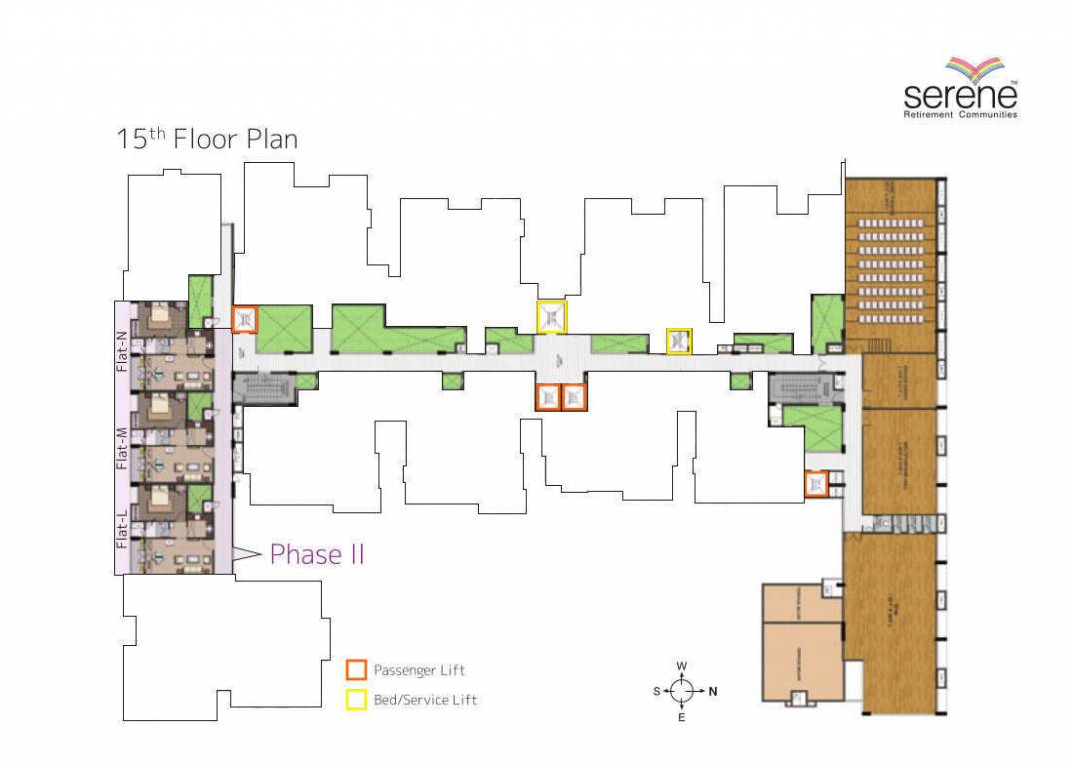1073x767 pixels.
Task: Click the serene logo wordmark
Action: [x=959, y=96]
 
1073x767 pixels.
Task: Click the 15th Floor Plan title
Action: [x=208, y=138]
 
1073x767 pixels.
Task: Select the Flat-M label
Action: [x=123, y=448]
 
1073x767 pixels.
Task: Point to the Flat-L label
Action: [x=123, y=530]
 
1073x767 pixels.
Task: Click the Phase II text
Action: [x=317, y=555]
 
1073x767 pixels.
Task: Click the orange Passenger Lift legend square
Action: [x=355, y=670]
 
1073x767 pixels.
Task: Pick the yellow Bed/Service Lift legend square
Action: [x=355, y=700]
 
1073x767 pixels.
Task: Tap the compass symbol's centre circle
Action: [x=682, y=690]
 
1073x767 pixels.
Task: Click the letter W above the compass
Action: [x=682, y=666]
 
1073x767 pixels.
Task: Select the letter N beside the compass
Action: [x=712, y=691]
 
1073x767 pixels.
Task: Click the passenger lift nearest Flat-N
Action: [x=244, y=319]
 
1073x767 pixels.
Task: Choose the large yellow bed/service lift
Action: [x=551, y=316]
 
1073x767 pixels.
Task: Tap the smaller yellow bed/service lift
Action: [x=679, y=340]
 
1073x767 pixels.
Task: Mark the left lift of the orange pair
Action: [x=548, y=397]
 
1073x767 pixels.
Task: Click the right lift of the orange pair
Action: [x=573, y=397]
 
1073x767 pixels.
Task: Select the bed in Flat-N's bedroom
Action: [x=160, y=319]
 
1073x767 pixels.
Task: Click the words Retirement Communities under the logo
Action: [x=959, y=115]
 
